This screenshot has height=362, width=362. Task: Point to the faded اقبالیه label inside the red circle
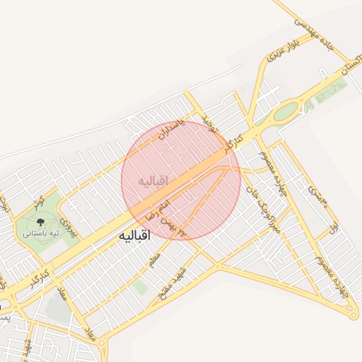click(x=154, y=182)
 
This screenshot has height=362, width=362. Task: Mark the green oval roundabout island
click(x=286, y=111)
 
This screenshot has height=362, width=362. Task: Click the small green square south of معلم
click(x=141, y=287)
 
